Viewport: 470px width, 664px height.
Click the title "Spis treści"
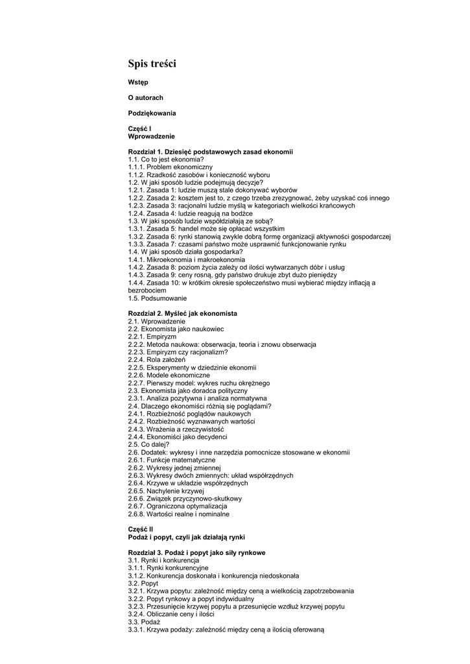coord(152,64)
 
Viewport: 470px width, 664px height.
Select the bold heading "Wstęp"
coord(138,82)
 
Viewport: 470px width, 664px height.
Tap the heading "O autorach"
coord(146,97)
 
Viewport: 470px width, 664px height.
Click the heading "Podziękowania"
coord(152,113)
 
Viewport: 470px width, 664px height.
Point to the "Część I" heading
coord(139,129)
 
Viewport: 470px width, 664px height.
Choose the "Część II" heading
coord(141,529)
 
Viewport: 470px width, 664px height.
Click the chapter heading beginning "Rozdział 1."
coord(210,151)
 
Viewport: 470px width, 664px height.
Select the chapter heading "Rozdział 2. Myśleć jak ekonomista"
coord(182,313)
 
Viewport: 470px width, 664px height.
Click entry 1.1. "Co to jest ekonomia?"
coord(166,159)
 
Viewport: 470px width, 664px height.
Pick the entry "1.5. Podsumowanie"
coord(157,298)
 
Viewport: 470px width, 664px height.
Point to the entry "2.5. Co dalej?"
coord(149,445)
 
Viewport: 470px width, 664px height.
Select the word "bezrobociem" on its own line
coord(147,290)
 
